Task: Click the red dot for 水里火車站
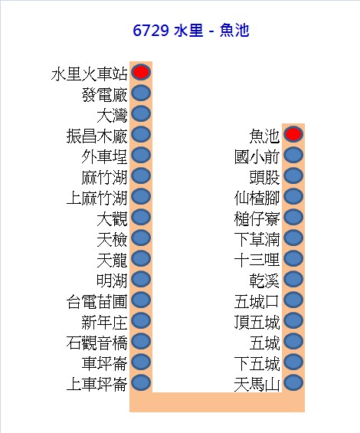pos(141,72)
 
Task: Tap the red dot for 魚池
pos(293,134)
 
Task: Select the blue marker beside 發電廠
pos(141,93)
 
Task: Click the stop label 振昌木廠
pos(97,136)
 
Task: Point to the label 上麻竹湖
pos(97,198)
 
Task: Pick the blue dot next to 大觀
pos(141,217)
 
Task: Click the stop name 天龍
pos(112,260)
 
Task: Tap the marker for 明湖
pos(141,279)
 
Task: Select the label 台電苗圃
pos(97,301)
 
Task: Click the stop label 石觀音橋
pos(97,343)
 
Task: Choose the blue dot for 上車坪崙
pos(141,382)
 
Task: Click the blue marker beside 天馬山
pos(293,382)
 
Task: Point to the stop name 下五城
pos(257,364)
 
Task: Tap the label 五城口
pos(257,301)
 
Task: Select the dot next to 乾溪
pos(293,279)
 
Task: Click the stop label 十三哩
pos(257,260)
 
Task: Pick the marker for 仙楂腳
pos(293,196)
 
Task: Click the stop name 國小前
pos(257,156)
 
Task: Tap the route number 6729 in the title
pos(151,31)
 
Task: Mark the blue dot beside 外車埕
pos(141,155)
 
